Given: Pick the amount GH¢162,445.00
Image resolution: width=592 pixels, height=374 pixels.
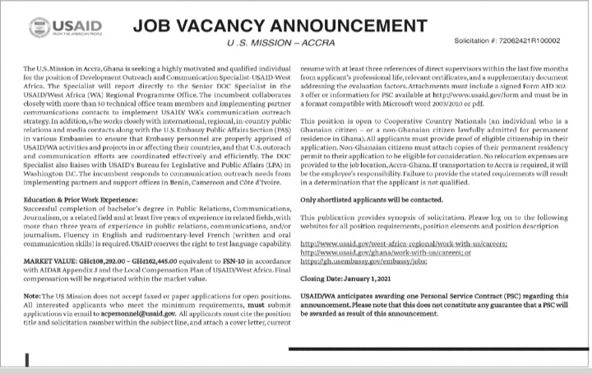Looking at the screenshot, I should pos(164,259).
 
